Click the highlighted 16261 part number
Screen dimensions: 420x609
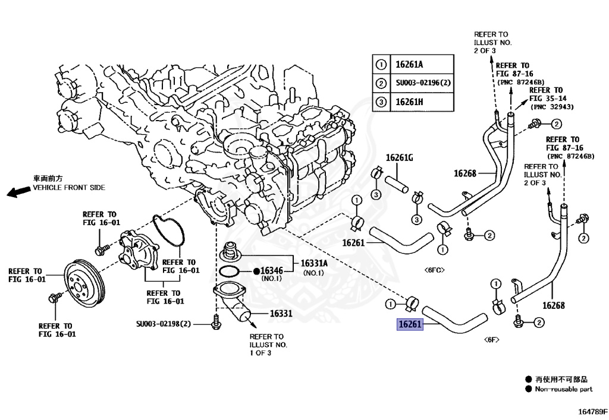point(410,325)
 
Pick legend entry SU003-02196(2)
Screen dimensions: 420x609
point(423,83)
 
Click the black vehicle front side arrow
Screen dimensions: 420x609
point(17,191)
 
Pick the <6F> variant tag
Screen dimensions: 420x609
point(491,339)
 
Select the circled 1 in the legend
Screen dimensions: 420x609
point(381,64)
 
